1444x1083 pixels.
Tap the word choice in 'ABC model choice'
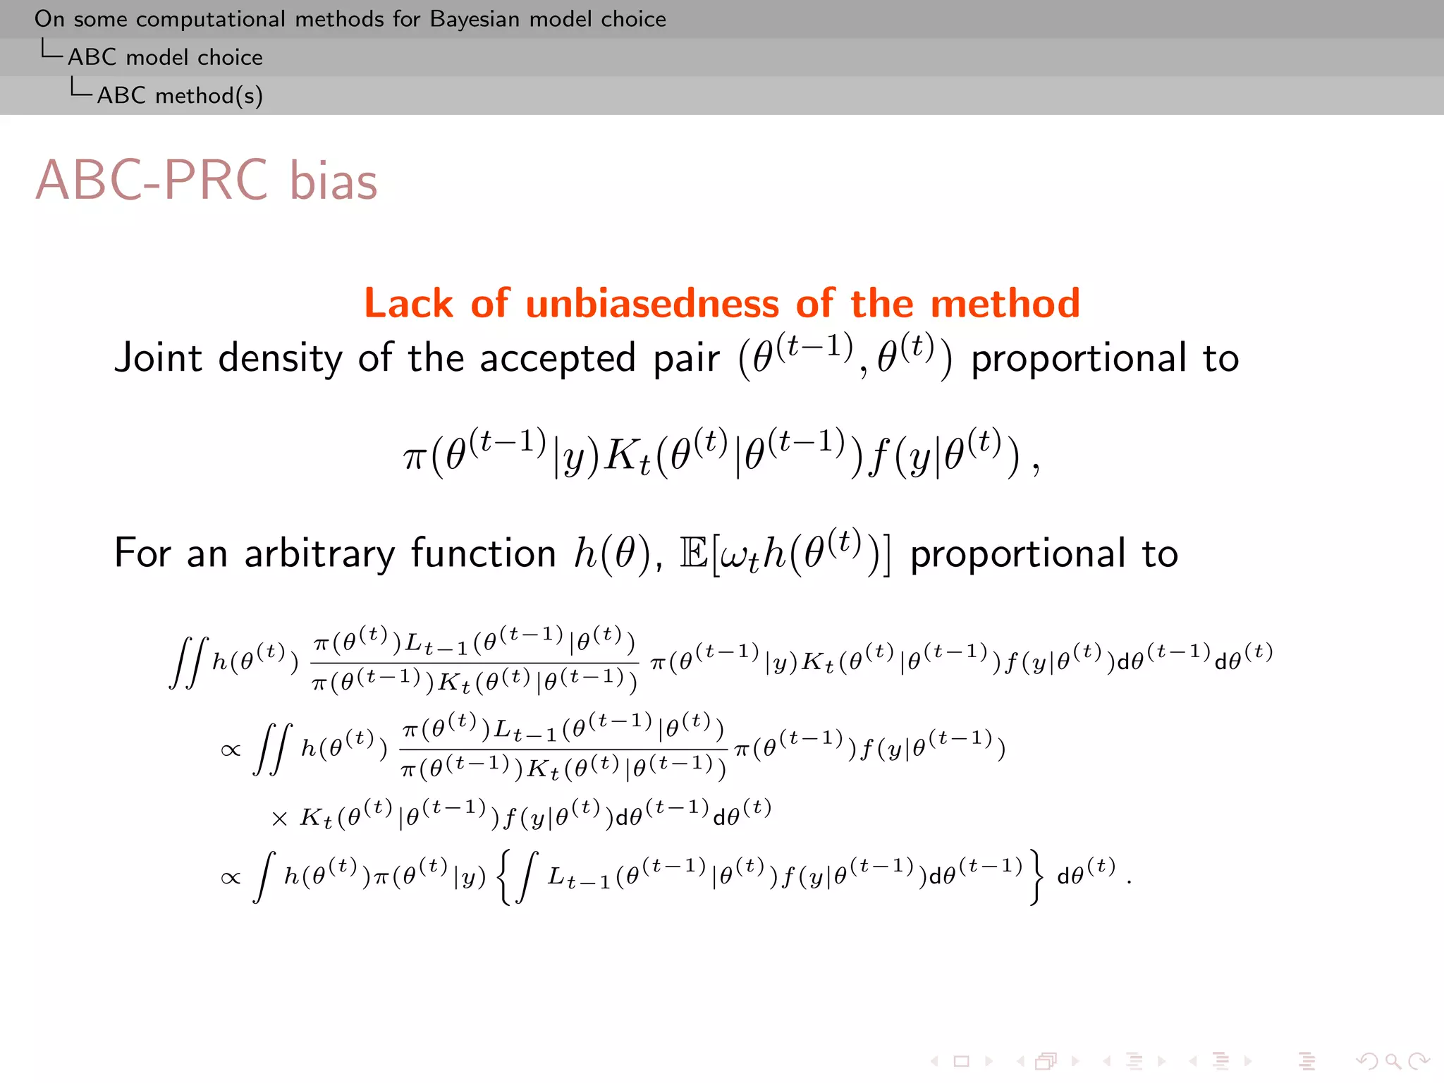230,57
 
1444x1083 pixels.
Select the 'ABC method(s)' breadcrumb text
180,95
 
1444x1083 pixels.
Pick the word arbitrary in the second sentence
319,553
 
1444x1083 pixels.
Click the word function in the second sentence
483,553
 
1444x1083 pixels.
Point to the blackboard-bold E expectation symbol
694,553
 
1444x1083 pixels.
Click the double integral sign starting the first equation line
190,662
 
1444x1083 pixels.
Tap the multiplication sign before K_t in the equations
279,819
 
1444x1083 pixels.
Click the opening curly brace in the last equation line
504,877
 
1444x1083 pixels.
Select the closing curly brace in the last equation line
1035,877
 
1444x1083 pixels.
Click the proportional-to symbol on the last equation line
231,878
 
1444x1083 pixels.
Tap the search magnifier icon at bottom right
1392,1061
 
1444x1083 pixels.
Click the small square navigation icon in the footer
961,1061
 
